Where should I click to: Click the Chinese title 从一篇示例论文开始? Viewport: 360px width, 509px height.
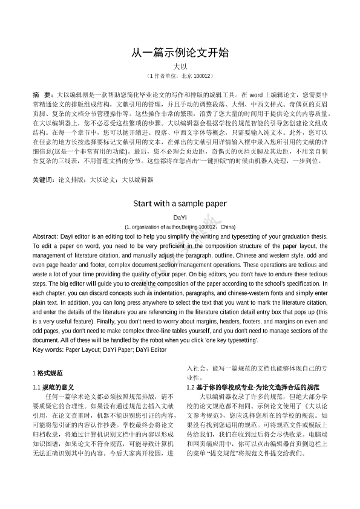point(180,53)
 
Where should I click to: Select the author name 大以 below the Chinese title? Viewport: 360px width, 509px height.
point(180,66)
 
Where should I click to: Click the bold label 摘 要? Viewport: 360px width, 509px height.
point(42,96)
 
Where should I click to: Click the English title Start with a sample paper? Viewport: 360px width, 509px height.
point(180,203)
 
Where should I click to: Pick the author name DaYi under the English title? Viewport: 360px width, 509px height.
point(180,216)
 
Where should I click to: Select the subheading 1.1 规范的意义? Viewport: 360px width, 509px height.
point(53,387)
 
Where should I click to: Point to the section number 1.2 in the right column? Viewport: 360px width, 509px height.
point(191,387)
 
